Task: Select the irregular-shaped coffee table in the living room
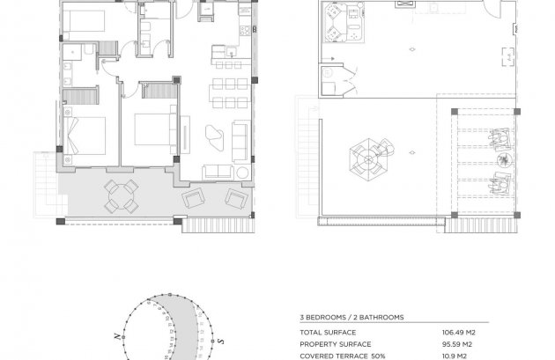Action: click(x=214, y=135)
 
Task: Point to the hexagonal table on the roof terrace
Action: click(x=368, y=159)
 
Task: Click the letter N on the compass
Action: click(x=115, y=337)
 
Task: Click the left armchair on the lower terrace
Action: click(x=192, y=199)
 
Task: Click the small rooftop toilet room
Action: click(x=337, y=77)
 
